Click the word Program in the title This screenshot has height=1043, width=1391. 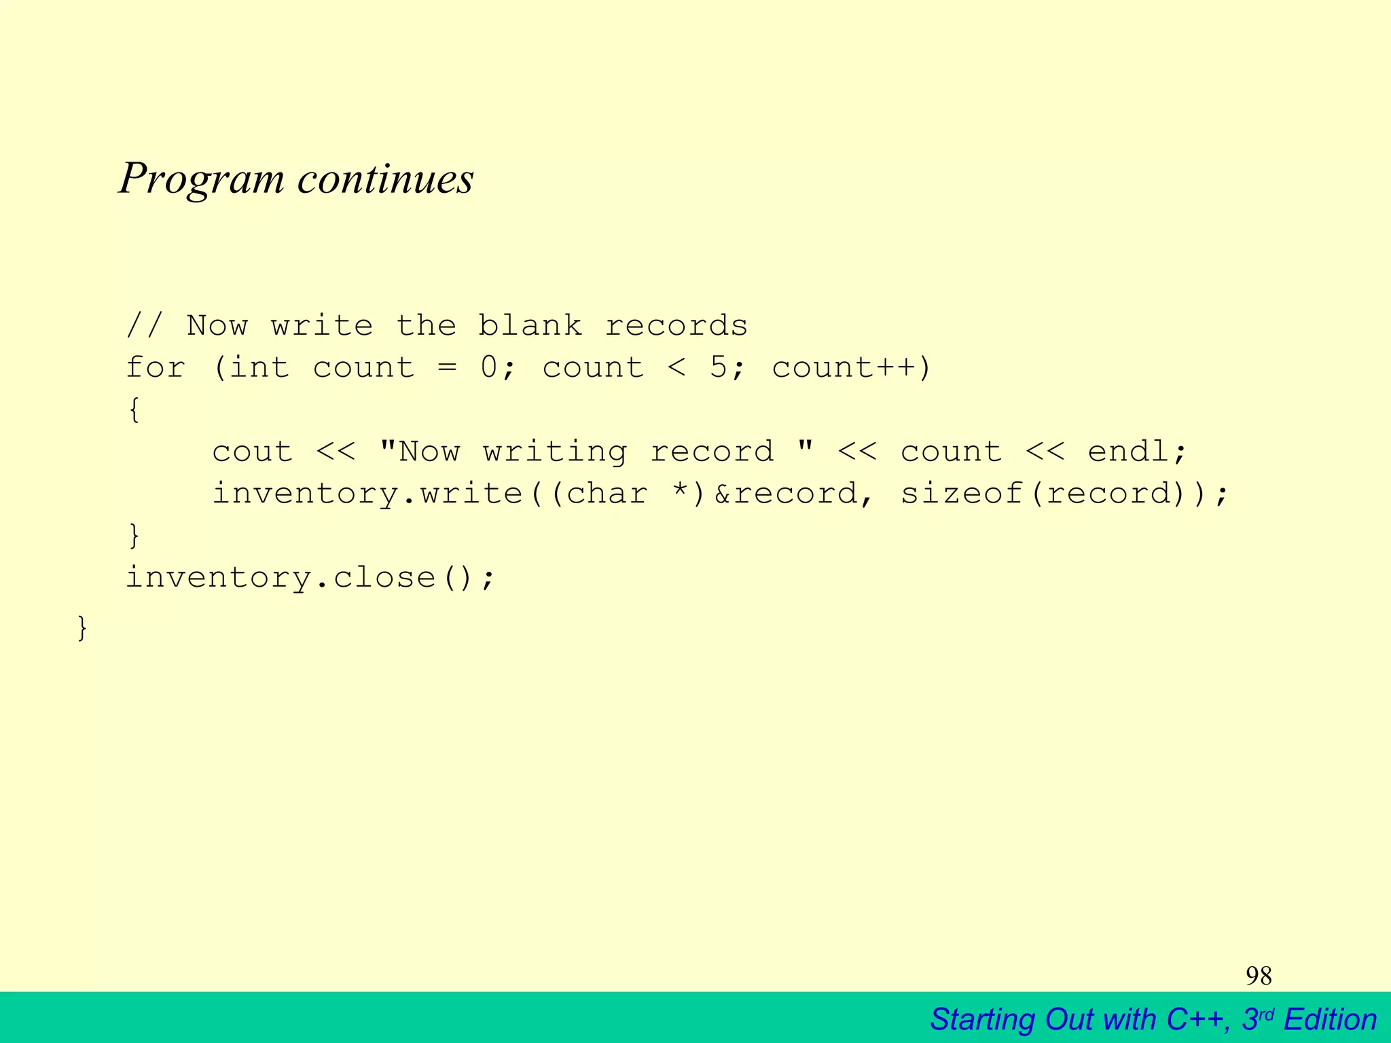[x=202, y=179]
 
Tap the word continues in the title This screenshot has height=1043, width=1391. [x=385, y=179]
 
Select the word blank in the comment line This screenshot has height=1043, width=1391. [x=530, y=326]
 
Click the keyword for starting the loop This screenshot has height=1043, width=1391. [x=156, y=368]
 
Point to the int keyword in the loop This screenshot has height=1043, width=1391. [x=259, y=368]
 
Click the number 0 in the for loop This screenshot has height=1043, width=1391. [x=489, y=368]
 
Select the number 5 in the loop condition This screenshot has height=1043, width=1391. [x=719, y=368]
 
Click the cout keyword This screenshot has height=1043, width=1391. [x=253, y=452]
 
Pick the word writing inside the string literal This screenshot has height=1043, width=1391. [x=555, y=452]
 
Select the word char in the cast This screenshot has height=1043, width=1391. [x=607, y=494]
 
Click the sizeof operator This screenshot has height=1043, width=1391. [x=962, y=494]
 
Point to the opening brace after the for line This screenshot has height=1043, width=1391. [x=134, y=410]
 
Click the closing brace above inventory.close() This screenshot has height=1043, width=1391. [x=134, y=536]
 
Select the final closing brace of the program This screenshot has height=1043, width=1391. [x=82, y=628]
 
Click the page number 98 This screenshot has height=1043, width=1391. [x=1259, y=976]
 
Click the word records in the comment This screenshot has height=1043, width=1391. [x=676, y=326]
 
